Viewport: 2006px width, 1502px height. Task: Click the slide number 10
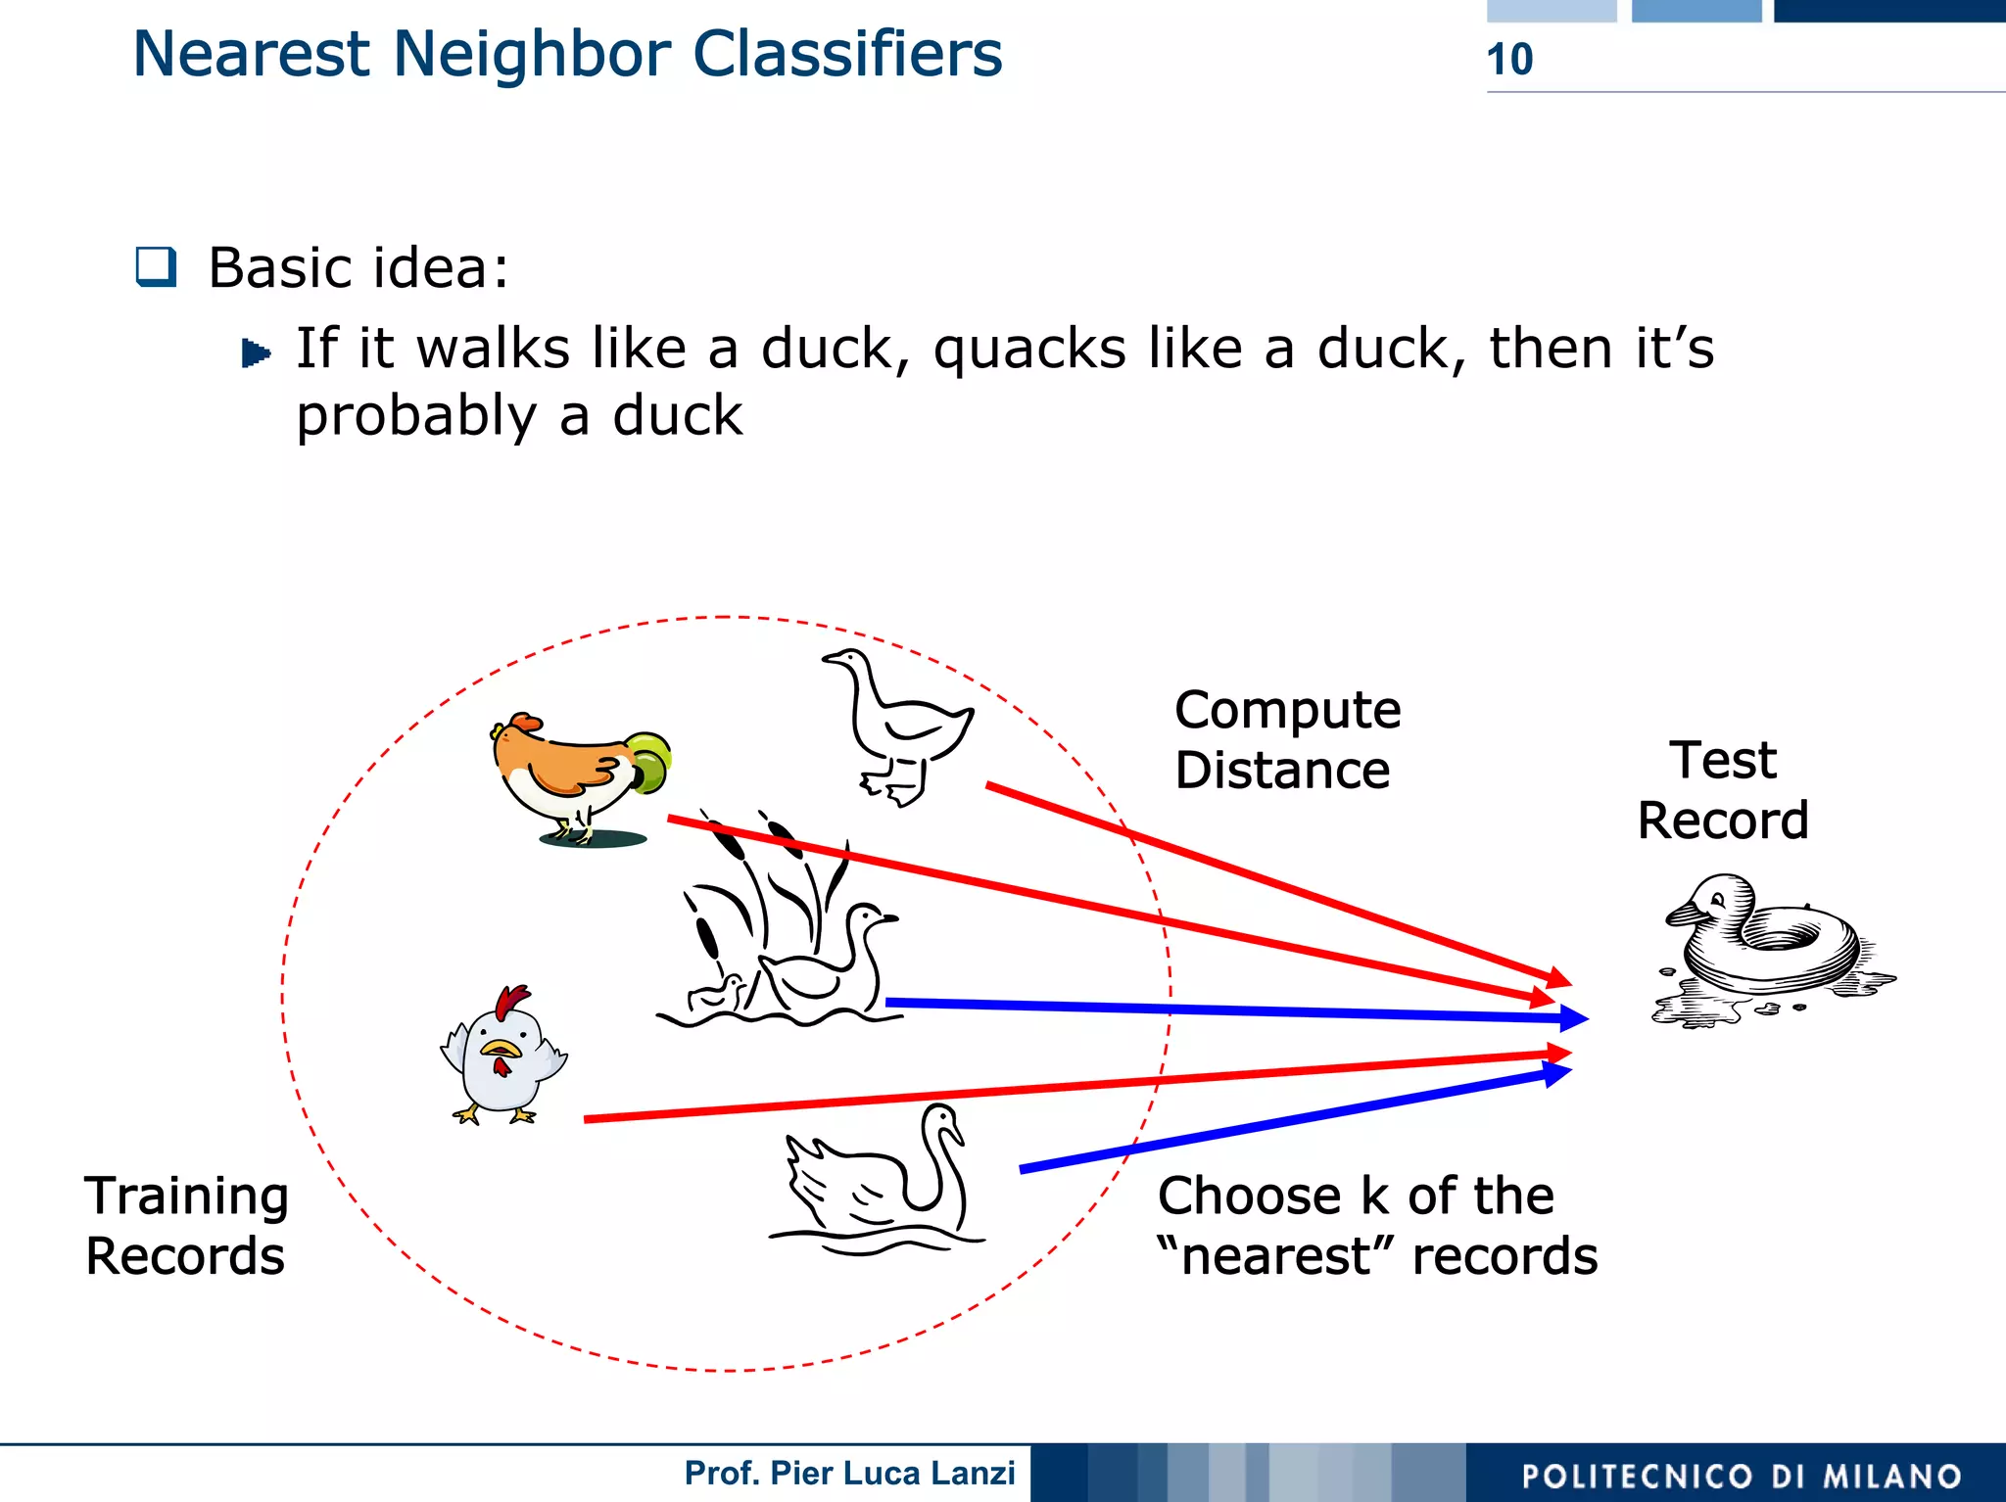pos(1509,60)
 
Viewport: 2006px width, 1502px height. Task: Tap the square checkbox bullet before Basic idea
pos(157,266)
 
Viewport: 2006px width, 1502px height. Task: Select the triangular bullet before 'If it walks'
pos(256,352)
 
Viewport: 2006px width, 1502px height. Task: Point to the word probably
pos(417,416)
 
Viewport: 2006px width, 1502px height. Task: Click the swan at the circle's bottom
pos(882,1185)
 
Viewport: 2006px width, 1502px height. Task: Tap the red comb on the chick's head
pos(511,1002)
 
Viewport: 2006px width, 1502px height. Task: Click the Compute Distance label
pos(1286,739)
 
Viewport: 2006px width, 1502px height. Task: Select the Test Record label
pos(1723,789)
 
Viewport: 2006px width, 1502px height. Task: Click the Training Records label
pos(186,1225)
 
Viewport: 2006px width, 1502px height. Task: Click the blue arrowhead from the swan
pos(1557,1074)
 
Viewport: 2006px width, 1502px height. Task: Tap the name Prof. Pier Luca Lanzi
pos(849,1473)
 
